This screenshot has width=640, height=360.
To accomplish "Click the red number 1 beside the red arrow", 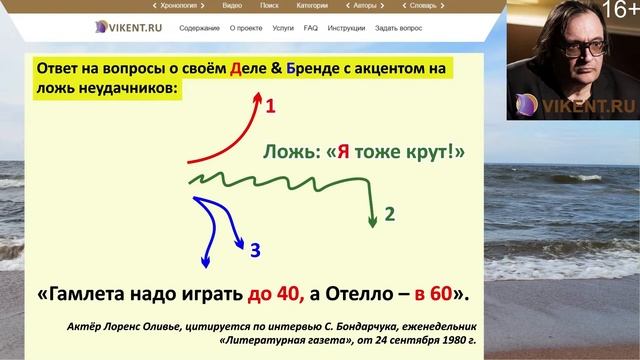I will coord(270,105).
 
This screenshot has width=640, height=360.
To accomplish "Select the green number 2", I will coord(390,214).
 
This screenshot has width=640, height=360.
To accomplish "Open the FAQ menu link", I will coord(311,28).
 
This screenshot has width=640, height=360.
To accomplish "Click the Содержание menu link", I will coord(200,28).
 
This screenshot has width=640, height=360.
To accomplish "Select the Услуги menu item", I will coord(283,28).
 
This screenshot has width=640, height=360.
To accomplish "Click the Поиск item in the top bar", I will coord(269,5).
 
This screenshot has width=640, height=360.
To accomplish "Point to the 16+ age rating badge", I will coord(622,11).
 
